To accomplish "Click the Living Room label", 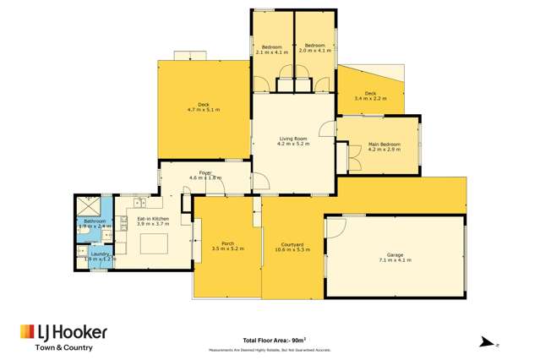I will (293, 141).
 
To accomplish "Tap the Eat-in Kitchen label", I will (153, 221).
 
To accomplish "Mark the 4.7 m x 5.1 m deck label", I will (203, 106).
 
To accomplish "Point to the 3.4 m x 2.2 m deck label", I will (370, 95).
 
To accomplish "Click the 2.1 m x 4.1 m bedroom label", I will (271, 48).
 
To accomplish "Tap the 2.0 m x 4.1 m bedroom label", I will (315, 48).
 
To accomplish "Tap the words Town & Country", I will (63, 347).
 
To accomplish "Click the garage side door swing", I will (335, 227).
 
